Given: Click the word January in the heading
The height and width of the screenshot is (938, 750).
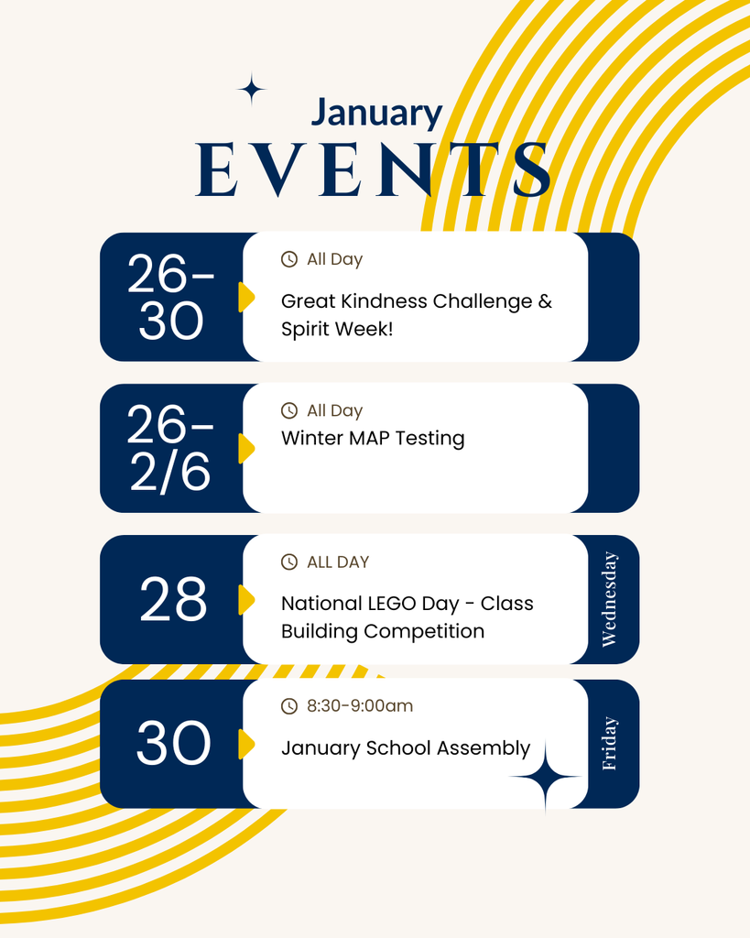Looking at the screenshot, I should (x=376, y=114).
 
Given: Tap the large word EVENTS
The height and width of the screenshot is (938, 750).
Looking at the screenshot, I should (x=374, y=170).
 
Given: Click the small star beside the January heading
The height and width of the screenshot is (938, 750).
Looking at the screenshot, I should (x=251, y=90).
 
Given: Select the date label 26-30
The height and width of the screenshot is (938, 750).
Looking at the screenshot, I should (x=171, y=297).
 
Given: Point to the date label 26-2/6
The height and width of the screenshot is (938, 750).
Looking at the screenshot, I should (x=171, y=449).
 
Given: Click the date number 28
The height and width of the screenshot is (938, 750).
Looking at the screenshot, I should (x=173, y=601).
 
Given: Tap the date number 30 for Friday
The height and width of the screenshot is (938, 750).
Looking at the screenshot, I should (x=173, y=744).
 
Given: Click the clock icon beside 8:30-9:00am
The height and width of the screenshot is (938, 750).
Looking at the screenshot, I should (x=289, y=706).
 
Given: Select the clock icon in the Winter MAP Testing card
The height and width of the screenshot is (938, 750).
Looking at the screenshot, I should (x=289, y=411).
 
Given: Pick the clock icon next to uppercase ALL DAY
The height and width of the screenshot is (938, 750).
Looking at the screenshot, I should (x=289, y=562).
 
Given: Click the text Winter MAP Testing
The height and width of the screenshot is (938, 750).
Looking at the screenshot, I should (x=373, y=439).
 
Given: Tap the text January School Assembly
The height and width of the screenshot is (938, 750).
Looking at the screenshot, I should (x=406, y=748).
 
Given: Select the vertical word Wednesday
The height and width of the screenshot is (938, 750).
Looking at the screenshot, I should (x=610, y=600).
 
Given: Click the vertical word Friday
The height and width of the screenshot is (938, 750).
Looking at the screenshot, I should (x=610, y=743).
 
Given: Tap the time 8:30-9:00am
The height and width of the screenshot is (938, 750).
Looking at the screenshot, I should (x=360, y=706).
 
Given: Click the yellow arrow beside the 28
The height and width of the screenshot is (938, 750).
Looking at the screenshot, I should (x=245, y=600).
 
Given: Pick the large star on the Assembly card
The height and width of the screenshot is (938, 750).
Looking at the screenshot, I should (x=546, y=777).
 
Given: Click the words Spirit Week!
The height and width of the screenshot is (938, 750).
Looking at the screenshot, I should (x=337, y=329).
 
